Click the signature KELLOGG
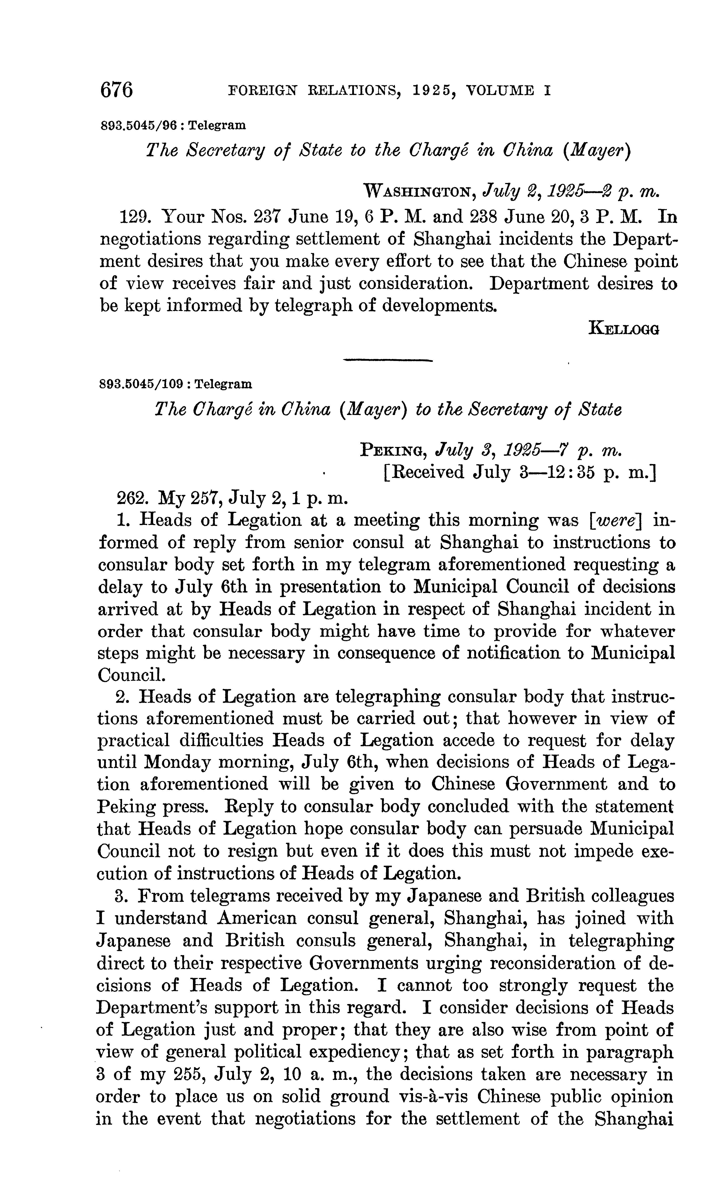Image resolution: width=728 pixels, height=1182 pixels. click(623, 329)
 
